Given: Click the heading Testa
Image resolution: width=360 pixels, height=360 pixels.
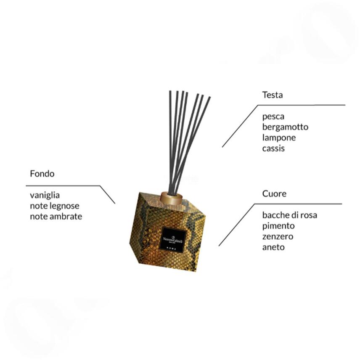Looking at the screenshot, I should (272, 95).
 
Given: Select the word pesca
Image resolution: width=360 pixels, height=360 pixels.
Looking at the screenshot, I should (273, 116).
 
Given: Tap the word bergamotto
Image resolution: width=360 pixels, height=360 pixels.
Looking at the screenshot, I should (285, 127).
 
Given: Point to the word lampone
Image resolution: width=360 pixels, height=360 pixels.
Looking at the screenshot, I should (279, 138).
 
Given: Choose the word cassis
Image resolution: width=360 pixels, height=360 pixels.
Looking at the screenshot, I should (273, 148).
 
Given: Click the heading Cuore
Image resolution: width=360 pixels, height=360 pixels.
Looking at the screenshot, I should (274, 194).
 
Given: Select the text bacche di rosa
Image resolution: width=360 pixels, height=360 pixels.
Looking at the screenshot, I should (289, 215).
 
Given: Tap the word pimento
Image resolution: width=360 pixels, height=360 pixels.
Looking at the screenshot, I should (278, 226).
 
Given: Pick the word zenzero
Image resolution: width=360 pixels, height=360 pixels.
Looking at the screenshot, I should (278, 236).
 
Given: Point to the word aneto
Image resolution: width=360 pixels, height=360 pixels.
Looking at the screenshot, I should (273, 247).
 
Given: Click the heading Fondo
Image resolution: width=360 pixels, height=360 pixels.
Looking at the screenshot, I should (42, 174).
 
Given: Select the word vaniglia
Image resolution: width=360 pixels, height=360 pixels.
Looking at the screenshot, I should (45, 196).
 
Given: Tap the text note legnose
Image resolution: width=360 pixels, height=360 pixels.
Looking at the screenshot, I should (54, 206).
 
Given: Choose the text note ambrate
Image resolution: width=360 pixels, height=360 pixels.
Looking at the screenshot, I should (56, 217).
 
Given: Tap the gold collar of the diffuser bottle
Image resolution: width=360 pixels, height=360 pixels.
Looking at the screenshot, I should (171, 198).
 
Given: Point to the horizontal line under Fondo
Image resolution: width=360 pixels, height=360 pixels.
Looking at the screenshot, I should (63, 185).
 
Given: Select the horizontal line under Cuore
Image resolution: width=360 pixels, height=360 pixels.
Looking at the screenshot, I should (299, 204).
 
